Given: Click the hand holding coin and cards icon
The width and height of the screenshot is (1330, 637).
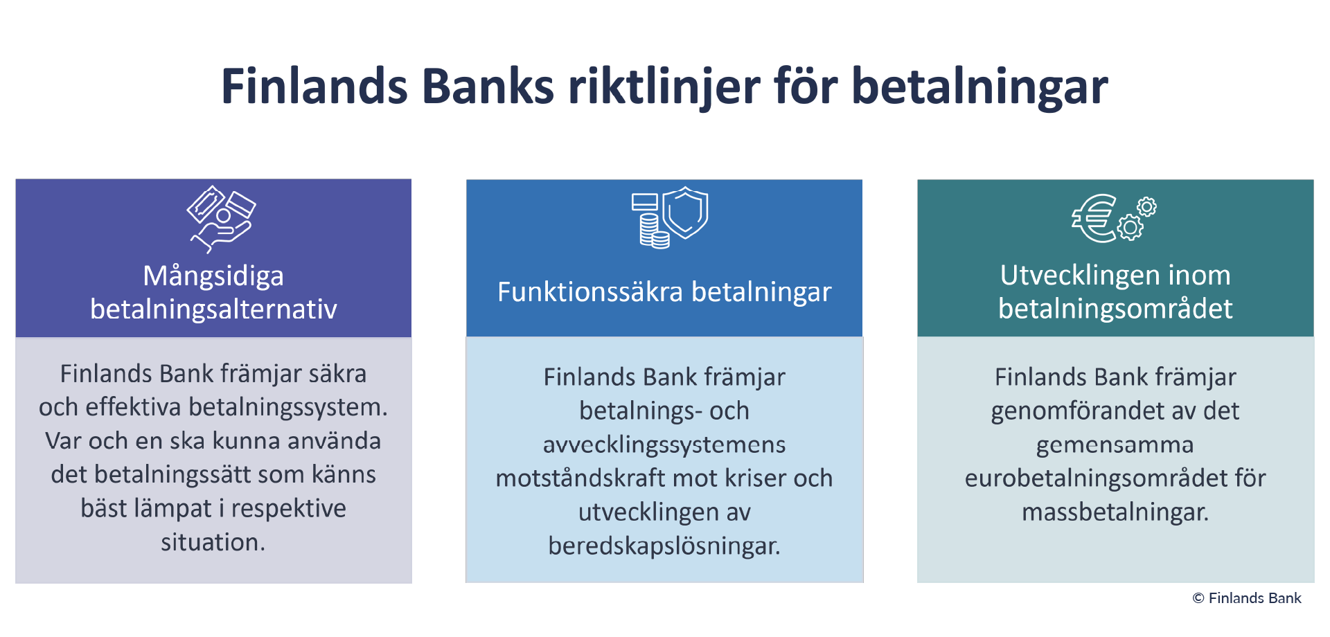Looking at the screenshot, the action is [x=221, y=219].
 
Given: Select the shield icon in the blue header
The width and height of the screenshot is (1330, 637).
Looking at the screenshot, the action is [x=685, y=213].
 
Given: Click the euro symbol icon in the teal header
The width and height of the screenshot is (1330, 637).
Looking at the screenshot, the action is [x=1094, y=218].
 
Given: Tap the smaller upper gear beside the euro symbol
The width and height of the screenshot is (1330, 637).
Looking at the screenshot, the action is [x=1146, y=206].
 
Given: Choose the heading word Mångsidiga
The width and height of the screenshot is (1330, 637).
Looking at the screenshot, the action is [x=213, y=276].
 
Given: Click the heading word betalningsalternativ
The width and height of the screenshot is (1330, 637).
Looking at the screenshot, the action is [x=213, y=309].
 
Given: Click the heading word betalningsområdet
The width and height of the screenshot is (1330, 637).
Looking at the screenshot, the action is [x=1115, y=309].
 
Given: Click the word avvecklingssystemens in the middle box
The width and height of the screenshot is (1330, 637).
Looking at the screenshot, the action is [x=664, y=445].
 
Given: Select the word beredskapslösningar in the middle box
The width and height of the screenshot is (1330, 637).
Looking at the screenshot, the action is [x=664, y=546].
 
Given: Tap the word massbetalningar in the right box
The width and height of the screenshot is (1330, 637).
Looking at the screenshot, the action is [x=1115, y=512].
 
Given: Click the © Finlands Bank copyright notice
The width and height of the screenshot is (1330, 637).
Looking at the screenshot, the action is [x=1247, y=598].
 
